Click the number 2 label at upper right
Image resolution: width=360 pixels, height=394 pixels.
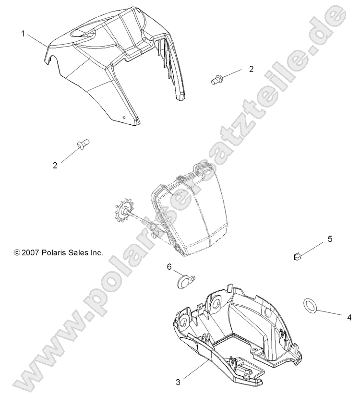pos(251,69)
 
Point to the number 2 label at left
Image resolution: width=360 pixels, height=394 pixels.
pos(55,165)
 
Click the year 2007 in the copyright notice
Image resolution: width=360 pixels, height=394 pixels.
pos(31,251)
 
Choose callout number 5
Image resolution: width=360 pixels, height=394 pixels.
pos(330,239)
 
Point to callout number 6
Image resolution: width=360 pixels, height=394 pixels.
pos(169,266)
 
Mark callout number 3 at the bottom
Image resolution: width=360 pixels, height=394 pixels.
pos(178,382)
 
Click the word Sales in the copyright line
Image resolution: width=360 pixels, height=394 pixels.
pos(79,251)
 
